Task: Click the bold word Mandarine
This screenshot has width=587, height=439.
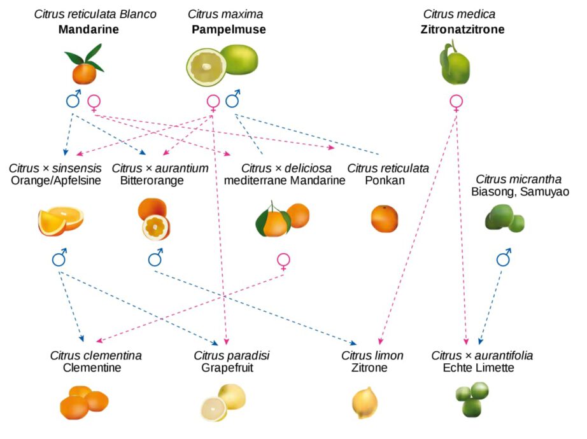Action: [88, 29]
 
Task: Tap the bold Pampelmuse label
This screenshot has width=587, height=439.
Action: [229, 29]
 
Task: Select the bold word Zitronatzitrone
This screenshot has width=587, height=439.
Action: [462, 29]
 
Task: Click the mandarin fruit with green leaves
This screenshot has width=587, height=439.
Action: [84, 64]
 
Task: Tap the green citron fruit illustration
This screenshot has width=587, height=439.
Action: [455, 63]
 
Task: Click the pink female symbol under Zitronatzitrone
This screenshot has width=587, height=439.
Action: [456, 103]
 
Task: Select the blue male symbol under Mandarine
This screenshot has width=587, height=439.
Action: [73, 99]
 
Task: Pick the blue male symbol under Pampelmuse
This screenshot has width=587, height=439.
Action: [233, 99]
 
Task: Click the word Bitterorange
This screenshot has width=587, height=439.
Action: [152, 181]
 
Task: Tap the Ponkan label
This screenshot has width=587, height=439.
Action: [385, 181]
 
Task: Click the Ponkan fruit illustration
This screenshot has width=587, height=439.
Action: [385, 219]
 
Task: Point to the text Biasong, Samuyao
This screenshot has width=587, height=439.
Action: [520, 192]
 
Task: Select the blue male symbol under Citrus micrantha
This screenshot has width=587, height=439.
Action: [504, 257]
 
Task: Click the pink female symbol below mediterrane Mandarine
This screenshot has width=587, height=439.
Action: [283, 261]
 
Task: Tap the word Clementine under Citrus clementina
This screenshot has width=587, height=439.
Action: [92, 368]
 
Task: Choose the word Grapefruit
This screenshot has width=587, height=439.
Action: [227, 368]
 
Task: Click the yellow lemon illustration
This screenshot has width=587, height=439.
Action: [365, 403]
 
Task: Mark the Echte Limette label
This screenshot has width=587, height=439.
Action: [478, 368]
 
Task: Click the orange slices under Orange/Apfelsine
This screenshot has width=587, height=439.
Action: [60, 221]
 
